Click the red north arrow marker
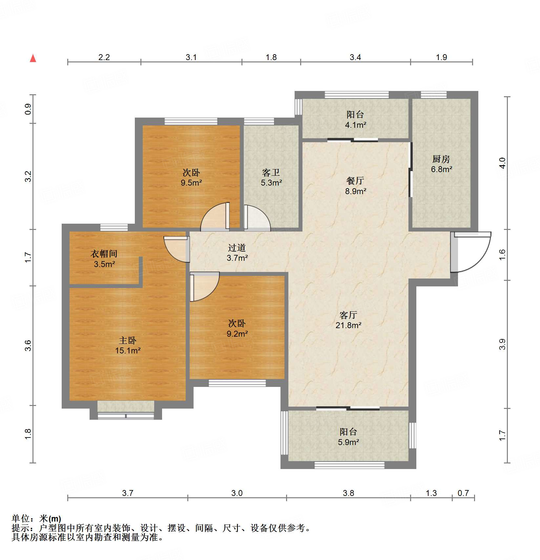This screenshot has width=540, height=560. (33, 58)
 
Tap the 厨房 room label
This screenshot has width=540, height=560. (441, 159)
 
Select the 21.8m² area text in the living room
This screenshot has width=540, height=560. (348, 325)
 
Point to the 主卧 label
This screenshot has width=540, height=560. (127, 341)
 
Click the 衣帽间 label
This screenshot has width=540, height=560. (104, 254)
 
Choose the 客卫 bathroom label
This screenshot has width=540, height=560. (271, 173)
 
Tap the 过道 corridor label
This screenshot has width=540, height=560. (237, 248)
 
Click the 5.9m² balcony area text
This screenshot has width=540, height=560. (348, 442)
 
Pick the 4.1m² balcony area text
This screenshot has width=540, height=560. (355, 125)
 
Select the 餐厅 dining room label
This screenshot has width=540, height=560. (355, 181)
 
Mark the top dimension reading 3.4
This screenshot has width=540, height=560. (355, 57)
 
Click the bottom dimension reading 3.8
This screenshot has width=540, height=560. (348, 493)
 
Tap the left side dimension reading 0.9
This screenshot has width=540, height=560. (28, 109)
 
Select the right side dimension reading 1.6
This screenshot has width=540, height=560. (502, 255)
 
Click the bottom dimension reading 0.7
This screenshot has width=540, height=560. (463, 493)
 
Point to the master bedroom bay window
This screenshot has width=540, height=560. (126, 411)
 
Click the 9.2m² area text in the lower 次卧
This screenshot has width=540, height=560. (237, 334)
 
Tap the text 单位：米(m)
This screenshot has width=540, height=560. (36, 519)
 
